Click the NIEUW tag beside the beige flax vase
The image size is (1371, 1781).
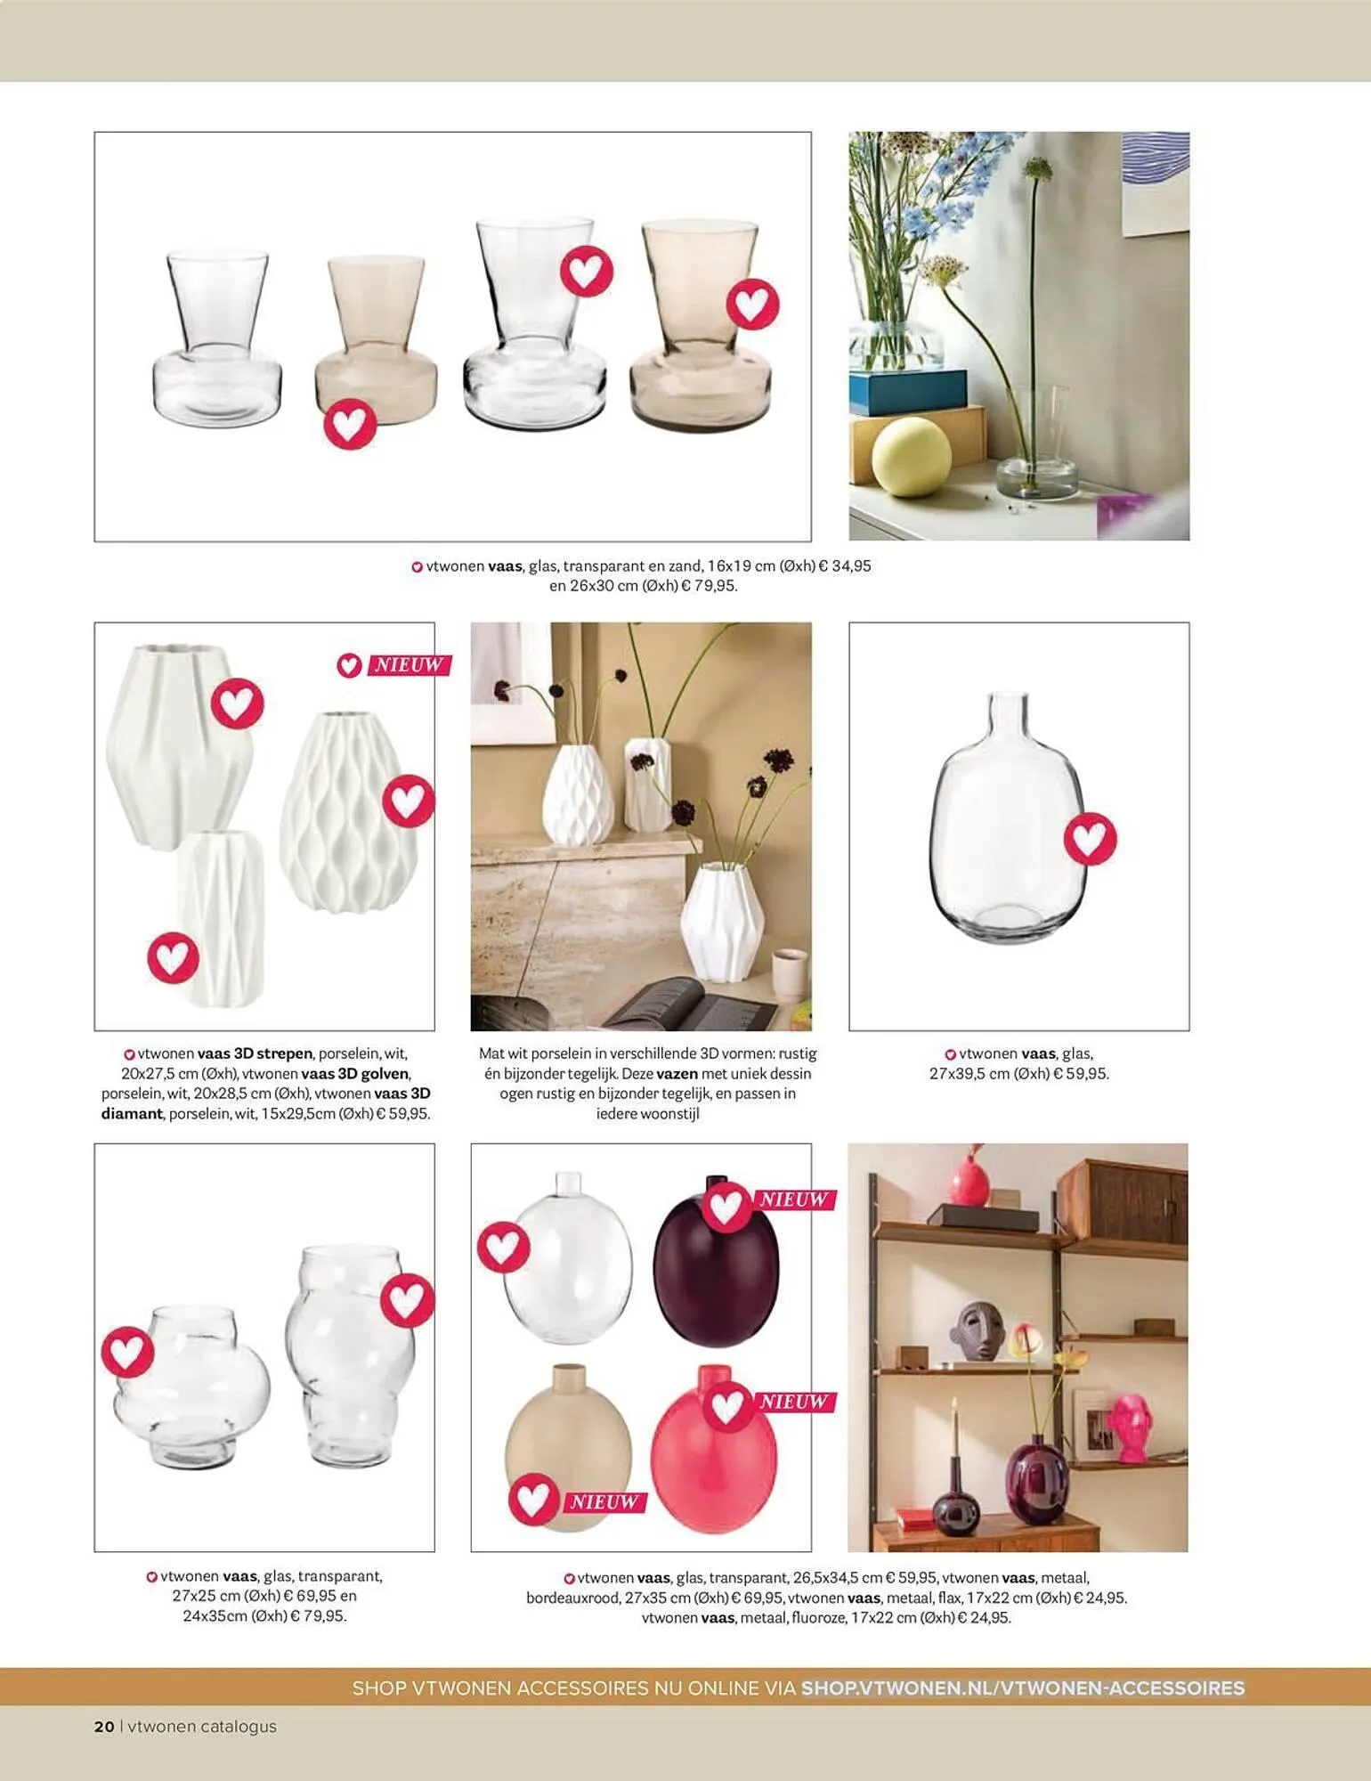click(604, 1502)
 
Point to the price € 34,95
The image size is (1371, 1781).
click(845, 565)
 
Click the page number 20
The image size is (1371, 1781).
click(104, 1726)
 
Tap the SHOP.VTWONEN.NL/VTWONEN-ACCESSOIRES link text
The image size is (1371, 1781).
click(1023, 1687)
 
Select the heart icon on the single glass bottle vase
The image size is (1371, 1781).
click(1091, 838)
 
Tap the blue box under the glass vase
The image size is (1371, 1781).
click(907, 392)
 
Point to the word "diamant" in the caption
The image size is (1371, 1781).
click(132, 1114)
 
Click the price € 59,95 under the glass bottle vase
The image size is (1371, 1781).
click(1080, 1074)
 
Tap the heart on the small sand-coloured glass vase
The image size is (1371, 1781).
click(350, 424)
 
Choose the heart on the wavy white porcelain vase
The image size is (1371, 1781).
click(409, 801)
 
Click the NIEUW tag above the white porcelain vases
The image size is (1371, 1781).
click(408, 665)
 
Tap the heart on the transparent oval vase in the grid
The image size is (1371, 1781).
click(504, 1247)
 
